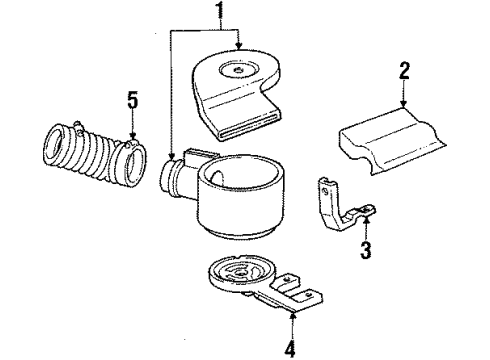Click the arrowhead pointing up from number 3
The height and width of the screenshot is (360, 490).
coord(366,225)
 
